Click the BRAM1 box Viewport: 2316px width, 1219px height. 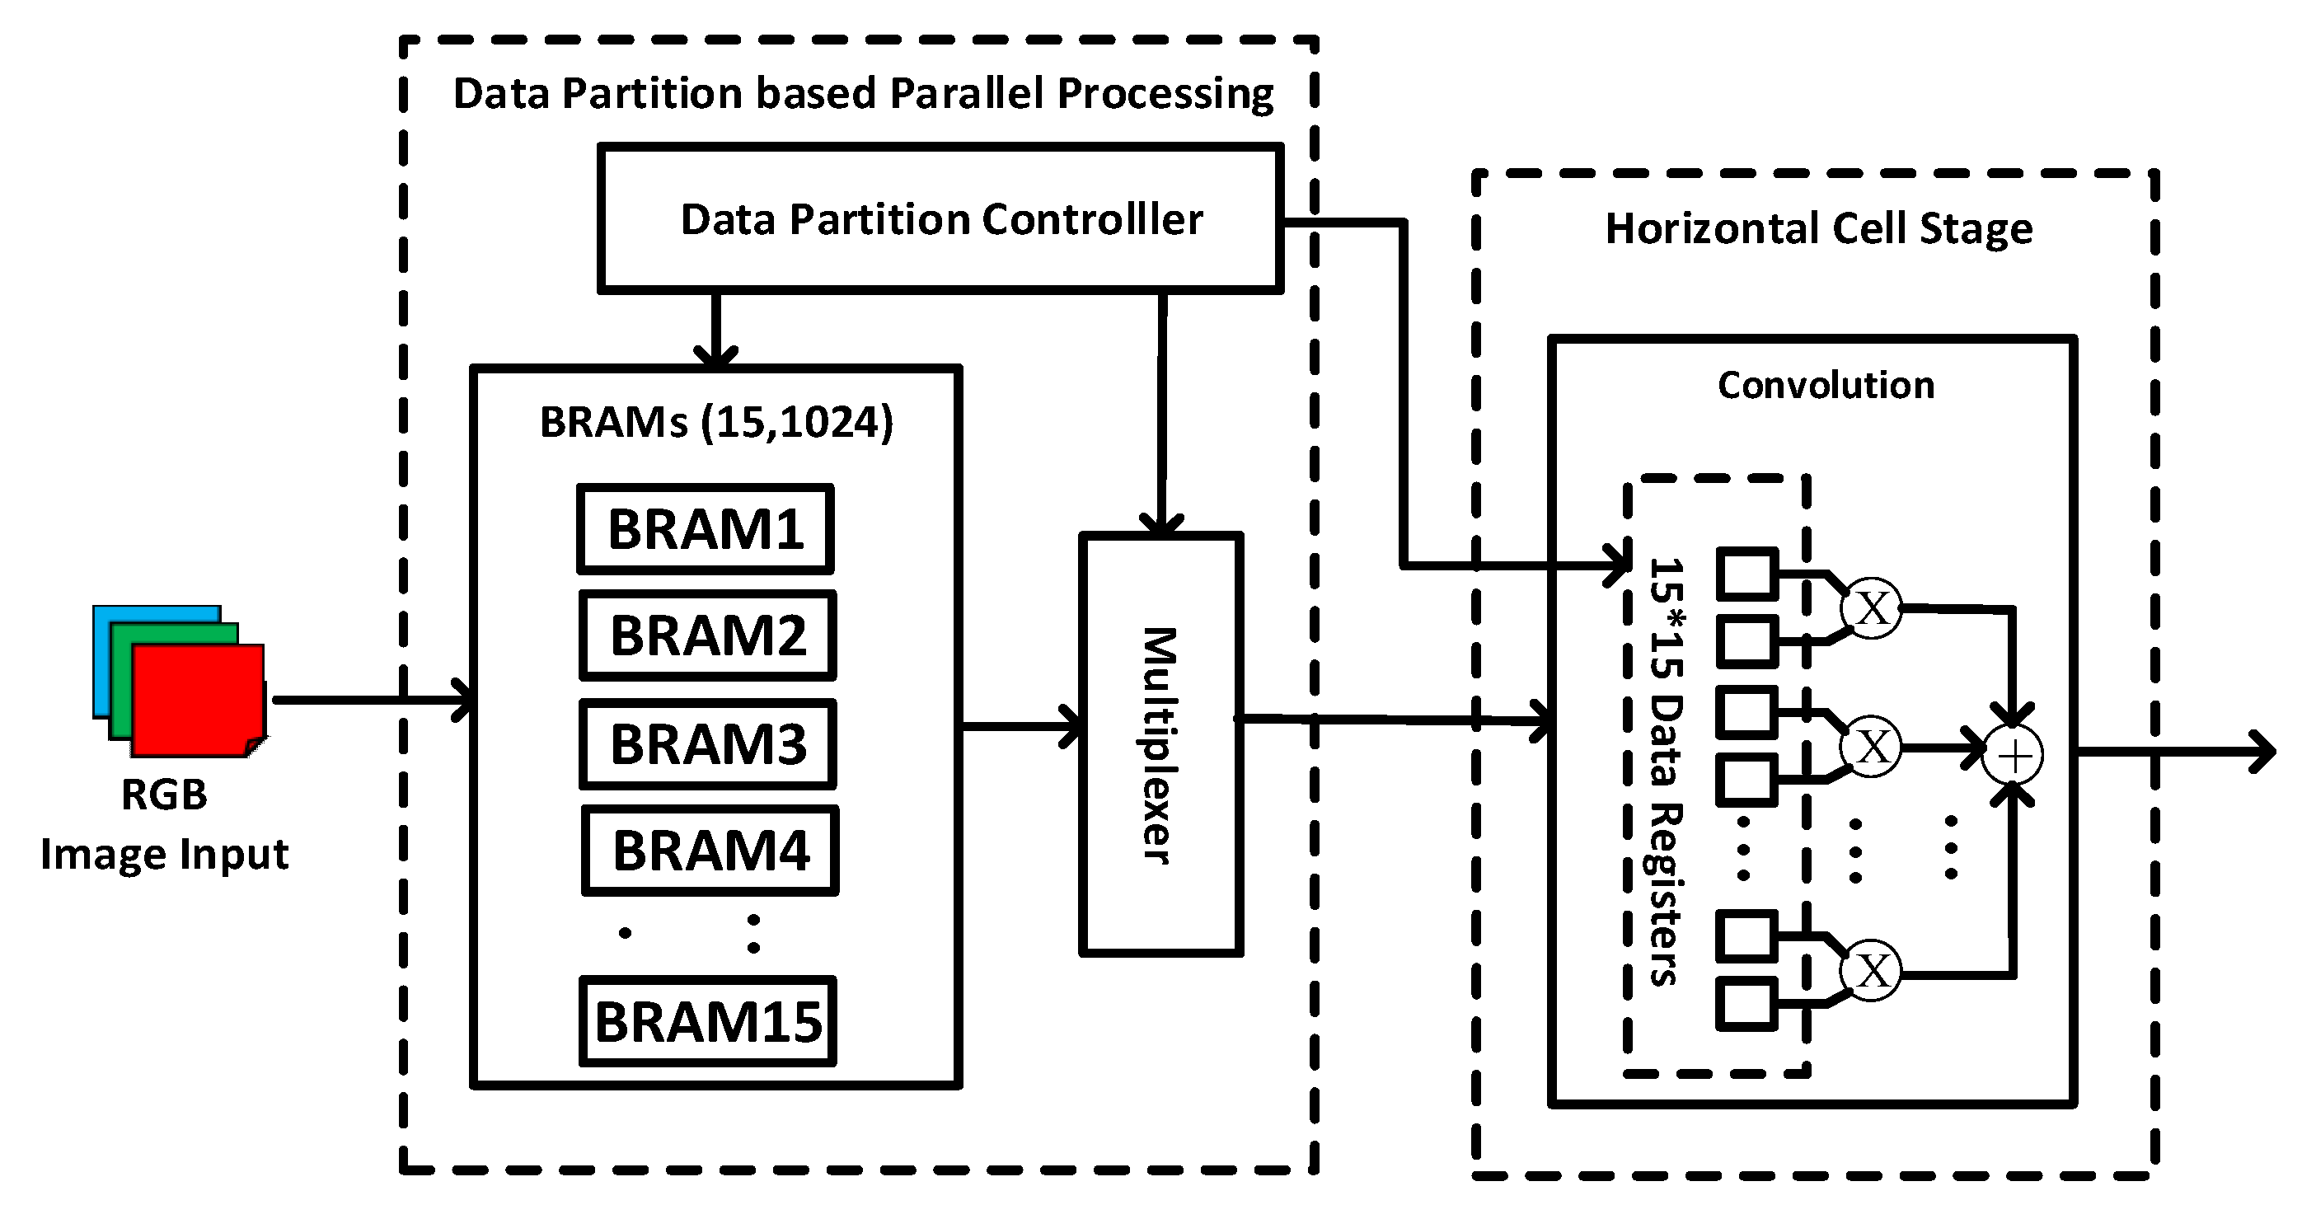[706, 529]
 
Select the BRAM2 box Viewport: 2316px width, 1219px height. [707, 635]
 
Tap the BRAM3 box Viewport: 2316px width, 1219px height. [707, 744]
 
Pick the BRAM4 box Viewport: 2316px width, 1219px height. [710, 851]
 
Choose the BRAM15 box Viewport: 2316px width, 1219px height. [707, 1022]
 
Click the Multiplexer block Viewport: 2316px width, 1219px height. [1160, 744]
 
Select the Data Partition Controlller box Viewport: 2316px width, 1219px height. [940, 219]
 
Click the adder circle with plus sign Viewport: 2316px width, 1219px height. [2014, 755]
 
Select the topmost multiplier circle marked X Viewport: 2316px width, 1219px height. [1872, 608]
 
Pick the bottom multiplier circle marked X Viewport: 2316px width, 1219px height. [1872, 971]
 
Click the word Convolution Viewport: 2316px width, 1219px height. [1825, 386]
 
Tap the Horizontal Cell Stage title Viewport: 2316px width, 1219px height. [1818, 228]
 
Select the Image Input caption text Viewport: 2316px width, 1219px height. [165, 854]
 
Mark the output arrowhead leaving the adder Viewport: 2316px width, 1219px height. [2264, 752]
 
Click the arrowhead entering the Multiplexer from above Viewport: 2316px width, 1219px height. [1160, 525]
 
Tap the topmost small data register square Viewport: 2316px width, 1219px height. [1746, 574]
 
